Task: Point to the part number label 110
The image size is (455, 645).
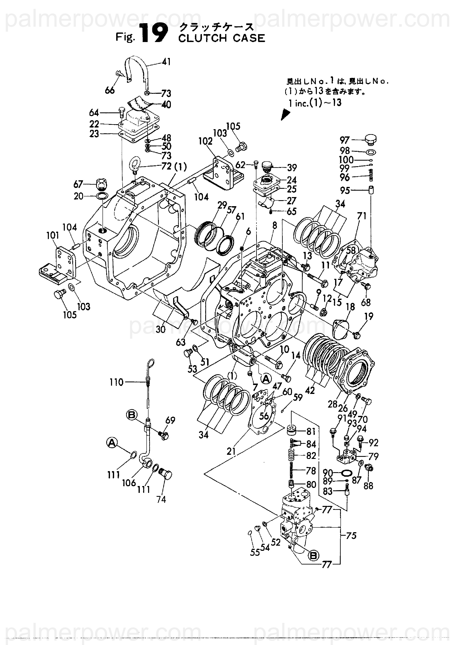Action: [x=117, y=382]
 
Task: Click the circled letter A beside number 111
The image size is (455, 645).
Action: [x=112, y=443]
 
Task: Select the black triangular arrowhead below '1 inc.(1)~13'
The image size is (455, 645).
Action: [x=285, y=114]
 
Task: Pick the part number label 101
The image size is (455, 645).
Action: [x=53, y=236]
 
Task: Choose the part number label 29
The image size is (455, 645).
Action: [x=222, y=205]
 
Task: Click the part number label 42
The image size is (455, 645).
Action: [x=310, y=390]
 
